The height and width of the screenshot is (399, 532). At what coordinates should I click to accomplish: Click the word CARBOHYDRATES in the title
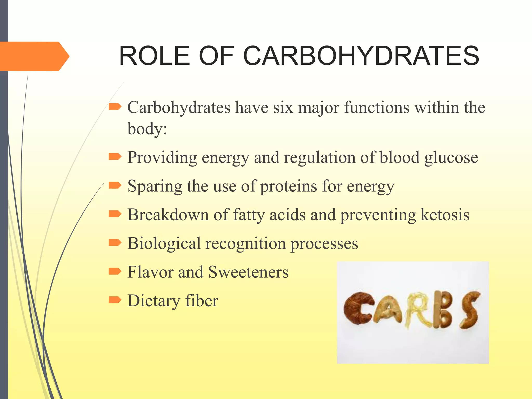coord(361,56)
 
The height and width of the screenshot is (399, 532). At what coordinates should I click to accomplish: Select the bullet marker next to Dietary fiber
coord(115,300)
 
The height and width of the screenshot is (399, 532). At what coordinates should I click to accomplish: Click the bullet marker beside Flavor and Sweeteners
coord(115,271)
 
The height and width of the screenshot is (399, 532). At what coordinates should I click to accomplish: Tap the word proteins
coord(289,187)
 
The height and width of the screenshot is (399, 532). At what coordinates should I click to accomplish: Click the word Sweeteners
coord(248,272)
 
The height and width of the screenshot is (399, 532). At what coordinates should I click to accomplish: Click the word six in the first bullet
coord(283,107)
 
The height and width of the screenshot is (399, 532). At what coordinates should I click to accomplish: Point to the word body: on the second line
coord(147,129)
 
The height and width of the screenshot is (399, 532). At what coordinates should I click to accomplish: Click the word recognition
coord(245,244)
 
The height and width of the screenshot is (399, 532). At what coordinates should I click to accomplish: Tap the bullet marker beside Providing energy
coord(115,157)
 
